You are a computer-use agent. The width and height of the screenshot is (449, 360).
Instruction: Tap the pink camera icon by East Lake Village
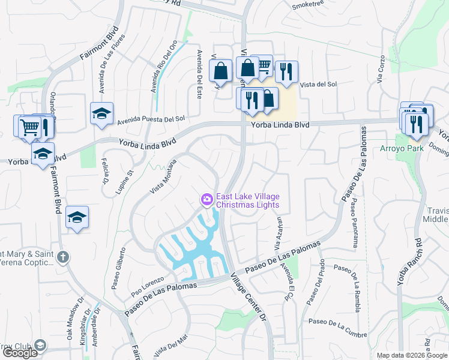point(206,199)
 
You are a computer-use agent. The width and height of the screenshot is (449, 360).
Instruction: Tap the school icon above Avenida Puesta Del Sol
point(102,113)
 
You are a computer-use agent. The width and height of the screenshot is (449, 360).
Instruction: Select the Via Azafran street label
point(279,235)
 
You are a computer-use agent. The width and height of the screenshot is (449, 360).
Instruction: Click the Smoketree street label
point(307,6)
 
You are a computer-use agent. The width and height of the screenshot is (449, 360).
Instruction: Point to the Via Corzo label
point(379,71)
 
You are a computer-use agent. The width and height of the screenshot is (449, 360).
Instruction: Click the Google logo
point(20,353)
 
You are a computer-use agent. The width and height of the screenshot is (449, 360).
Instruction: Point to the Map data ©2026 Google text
point(411,355)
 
